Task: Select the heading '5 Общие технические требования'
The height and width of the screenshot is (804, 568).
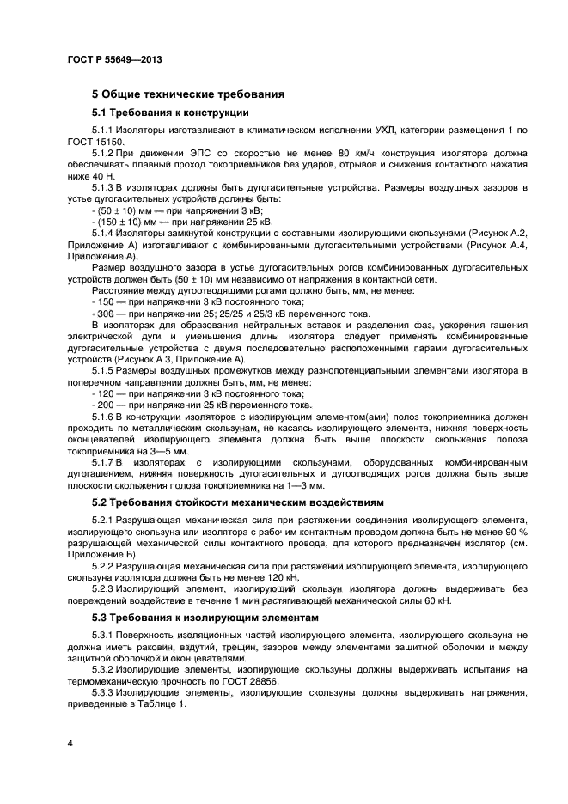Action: point(188,94)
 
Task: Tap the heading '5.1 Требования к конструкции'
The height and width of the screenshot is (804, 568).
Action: point(170,112)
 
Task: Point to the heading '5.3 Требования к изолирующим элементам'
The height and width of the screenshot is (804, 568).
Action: point(205,618)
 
